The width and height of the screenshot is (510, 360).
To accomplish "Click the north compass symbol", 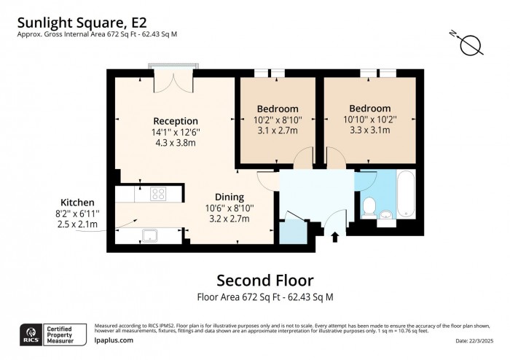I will click(x=471, y=44).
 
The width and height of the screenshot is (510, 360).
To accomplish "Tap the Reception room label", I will click(x=175, y=121).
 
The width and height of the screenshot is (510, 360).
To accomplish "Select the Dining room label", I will click(x=229, y=197).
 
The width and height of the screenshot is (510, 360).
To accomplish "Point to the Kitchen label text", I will click(x=77, y=202).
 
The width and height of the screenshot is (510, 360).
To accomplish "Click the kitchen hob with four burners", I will click(x=160, y=194).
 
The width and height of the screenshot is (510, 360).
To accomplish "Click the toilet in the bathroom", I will click(x=369, y=206).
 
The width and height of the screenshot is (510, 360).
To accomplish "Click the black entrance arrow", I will click(x=335, y=237).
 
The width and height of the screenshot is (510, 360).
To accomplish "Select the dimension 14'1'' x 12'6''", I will click(x=176, y=132).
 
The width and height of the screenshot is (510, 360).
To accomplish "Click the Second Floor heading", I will click(x=265, y=281).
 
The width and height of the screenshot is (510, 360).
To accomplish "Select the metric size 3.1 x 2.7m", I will click(x=276, y=130).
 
